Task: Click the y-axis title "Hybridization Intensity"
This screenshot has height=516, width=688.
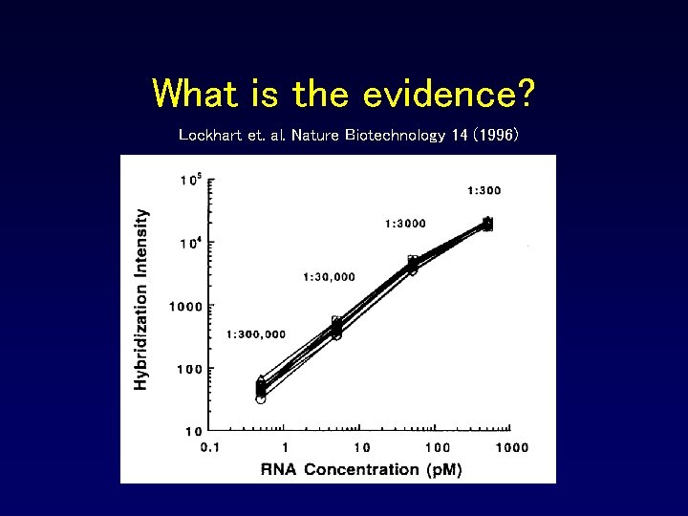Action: point(141,300)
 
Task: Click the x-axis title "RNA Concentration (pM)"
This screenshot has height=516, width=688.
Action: point(361,469)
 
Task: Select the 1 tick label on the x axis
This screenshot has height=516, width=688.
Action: point(285,447)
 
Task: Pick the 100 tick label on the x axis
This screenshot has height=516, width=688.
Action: point(437,447)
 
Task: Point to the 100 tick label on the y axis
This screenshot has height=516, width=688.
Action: point(191,369)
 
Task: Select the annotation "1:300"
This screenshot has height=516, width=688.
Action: point(484,190)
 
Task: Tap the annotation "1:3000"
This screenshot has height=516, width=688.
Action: point(405,224)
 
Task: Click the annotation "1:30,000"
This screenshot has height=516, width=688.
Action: point(329,277)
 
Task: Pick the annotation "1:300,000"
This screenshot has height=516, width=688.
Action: point(256,334)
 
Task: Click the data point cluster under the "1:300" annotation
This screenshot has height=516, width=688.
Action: point(487,224)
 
